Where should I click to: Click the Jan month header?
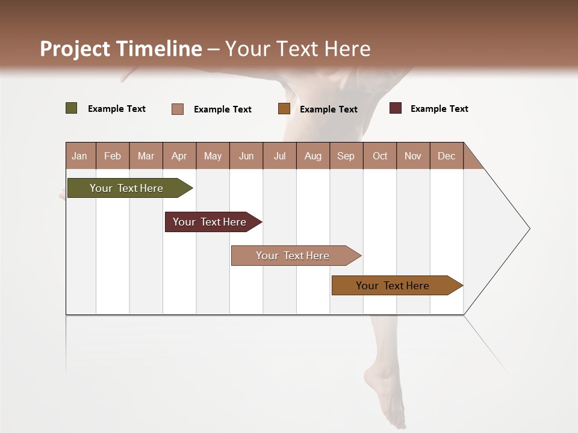80,156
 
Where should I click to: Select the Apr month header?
179,156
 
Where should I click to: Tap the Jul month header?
279,156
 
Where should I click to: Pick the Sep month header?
346,156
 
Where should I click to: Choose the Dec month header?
446,156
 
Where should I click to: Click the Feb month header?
113,156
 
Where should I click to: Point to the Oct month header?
380,156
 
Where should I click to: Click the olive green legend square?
72,108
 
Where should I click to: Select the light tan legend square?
178,109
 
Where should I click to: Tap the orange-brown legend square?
284,109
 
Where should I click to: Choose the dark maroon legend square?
396,108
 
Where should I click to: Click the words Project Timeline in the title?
121,49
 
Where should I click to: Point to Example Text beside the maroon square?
439,109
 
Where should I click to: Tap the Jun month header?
246,156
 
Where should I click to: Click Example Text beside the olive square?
117,109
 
